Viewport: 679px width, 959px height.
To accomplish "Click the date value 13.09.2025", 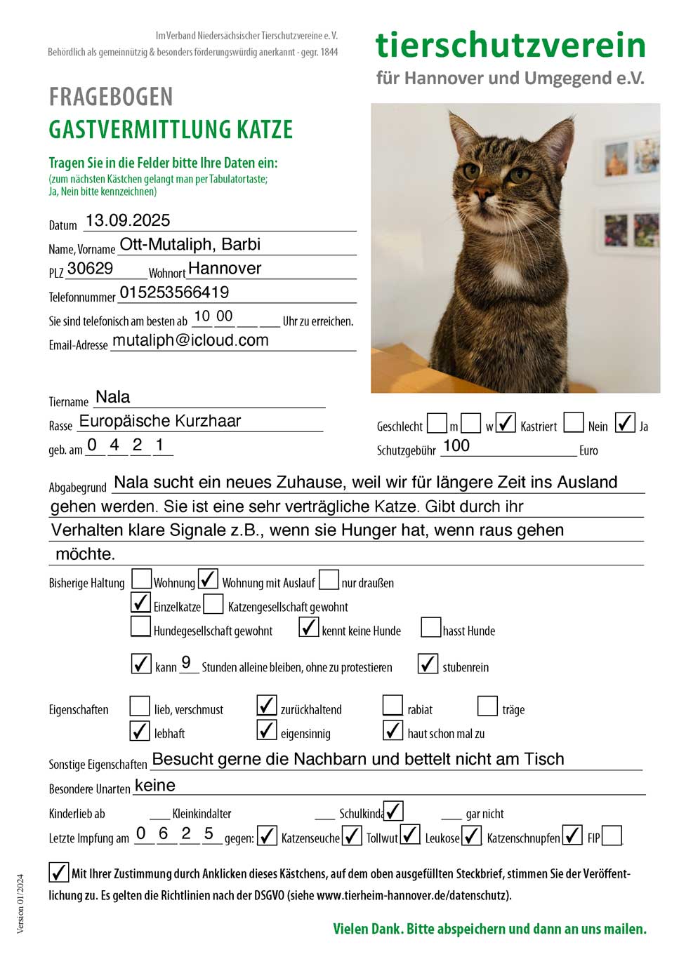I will (128, 220).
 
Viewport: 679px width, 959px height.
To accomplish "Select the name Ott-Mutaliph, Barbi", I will (190, 244).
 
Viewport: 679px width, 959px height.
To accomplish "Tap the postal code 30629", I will (90, 268).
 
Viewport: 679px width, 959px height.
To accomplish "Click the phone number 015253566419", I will (174, 292).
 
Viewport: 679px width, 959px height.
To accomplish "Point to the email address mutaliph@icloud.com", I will (190, 340).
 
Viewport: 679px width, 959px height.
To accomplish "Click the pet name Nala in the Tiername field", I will (113, 397).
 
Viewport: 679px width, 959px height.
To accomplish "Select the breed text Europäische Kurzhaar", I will (160, 421).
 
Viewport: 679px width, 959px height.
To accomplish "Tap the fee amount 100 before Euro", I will (456, 445).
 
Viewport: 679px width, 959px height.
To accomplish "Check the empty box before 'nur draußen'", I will (329, 579).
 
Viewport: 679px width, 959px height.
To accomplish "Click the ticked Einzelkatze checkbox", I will (141, 603).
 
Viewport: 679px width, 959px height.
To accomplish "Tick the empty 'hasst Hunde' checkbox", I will (430, 626).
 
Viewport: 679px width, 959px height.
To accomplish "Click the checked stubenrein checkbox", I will (428, 663).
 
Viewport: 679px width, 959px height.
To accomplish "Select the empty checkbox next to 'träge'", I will (487, 706).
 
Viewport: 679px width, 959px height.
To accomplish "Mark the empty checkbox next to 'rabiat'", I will (393, 706).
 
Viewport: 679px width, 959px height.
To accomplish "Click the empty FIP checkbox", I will (612, 835).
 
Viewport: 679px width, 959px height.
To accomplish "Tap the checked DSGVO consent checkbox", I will (58, 872).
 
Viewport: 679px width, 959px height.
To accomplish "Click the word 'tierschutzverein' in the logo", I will (510, 45).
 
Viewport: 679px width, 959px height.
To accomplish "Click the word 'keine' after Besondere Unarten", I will (155, 785).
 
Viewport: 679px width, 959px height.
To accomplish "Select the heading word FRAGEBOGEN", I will (111, 97).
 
